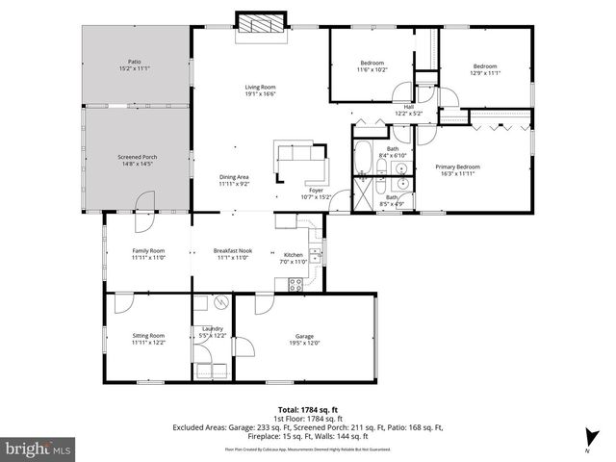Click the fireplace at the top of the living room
262,26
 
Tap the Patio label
135,65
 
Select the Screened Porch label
136,160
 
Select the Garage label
304,339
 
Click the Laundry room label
212,332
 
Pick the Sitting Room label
148,339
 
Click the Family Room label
148,254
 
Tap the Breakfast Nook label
231,254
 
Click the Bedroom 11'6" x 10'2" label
372,66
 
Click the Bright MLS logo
38,448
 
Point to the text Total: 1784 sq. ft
307,409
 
